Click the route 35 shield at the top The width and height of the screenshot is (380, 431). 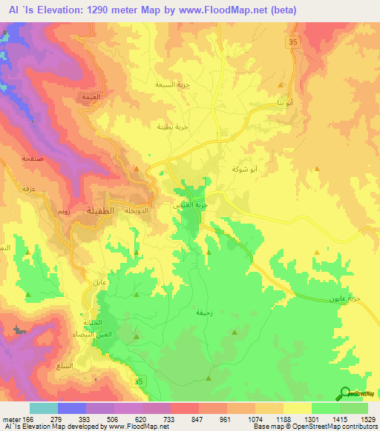(x=294, y=44)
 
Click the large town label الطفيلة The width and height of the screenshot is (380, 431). (x=101, y=210)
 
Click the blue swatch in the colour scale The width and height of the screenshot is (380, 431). (x=72, y=408)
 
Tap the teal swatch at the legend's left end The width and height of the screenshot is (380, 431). (x=44, y=408)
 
